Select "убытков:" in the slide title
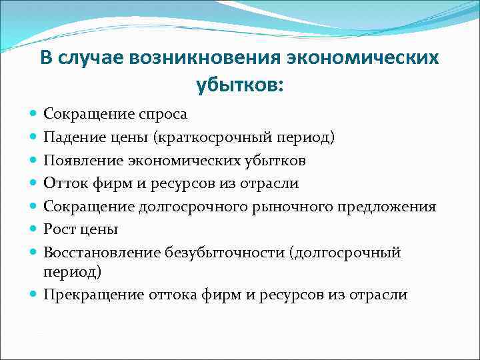239,85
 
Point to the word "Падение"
72,137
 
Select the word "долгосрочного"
178,206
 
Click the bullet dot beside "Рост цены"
34,229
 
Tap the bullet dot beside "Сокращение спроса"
34,115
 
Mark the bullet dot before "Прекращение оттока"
34,295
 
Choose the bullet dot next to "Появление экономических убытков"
34,161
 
